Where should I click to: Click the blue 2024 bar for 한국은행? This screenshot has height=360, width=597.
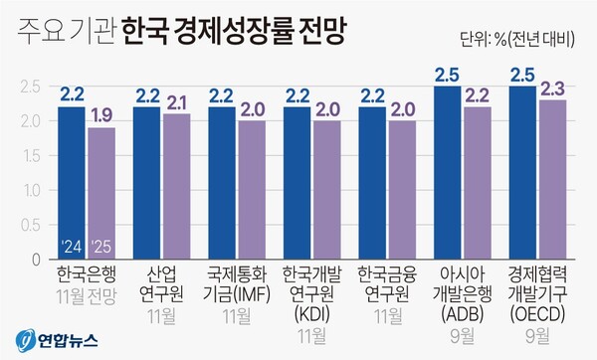tap(72, 179)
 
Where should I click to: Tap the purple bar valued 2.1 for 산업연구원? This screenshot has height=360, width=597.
tap(175, 184)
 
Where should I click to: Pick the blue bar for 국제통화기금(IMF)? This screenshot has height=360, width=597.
tap(221, 179)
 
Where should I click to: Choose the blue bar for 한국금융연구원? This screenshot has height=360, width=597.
tap(371, 179)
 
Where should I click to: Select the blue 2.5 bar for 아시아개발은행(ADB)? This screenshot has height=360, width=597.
tap(447, 169)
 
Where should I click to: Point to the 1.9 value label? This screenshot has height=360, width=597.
tap(100, 116)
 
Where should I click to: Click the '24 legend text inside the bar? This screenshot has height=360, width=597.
tap(72, 246)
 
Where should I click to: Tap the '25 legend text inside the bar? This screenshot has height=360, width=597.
tap(100, 246)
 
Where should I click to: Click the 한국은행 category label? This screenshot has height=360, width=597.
tap(87, 274)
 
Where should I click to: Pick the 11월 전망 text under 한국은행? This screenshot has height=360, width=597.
tap(87, 293)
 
